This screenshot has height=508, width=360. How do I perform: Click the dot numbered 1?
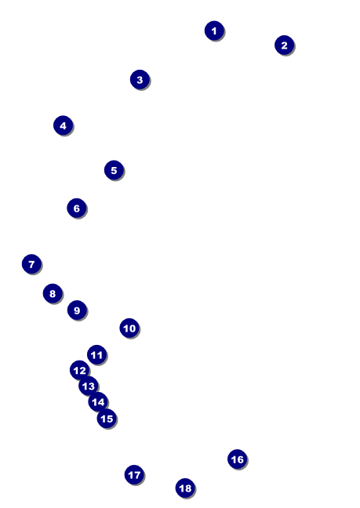[x=214, y=31]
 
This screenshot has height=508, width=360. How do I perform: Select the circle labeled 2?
[x=284, y=45]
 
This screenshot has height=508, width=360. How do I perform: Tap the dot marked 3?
[x=140, y=80]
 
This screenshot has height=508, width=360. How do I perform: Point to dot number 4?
[x=64, y=125]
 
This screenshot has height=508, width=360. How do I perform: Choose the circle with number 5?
[x=114, y=170]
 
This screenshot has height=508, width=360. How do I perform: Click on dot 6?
[x=77, y=208]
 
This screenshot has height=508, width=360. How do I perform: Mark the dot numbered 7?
[x=31, y=264]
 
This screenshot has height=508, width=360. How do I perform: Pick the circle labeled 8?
[x=53, y=293]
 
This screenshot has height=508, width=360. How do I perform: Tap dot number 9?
[x=77, y=310]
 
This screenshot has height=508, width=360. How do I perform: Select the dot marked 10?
[x=129, y=328]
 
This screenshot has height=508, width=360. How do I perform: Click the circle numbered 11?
[x=97, y=355]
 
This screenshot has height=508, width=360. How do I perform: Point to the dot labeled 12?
[x=79, y=370]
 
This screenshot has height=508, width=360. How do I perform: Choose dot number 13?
[x=89, y=386]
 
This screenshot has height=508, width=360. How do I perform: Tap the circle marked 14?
[x=98, y=402]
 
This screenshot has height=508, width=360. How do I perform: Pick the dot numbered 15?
[x=107, y=419]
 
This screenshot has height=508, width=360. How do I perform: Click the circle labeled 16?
[x=238, y=459]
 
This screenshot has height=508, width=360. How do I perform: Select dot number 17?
[x=134, y=475]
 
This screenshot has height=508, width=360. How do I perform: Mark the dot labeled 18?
[x=185, y=488]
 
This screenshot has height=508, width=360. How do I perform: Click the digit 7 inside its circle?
[x=31, y=264]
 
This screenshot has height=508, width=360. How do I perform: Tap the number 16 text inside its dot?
[x=237, y=459]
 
